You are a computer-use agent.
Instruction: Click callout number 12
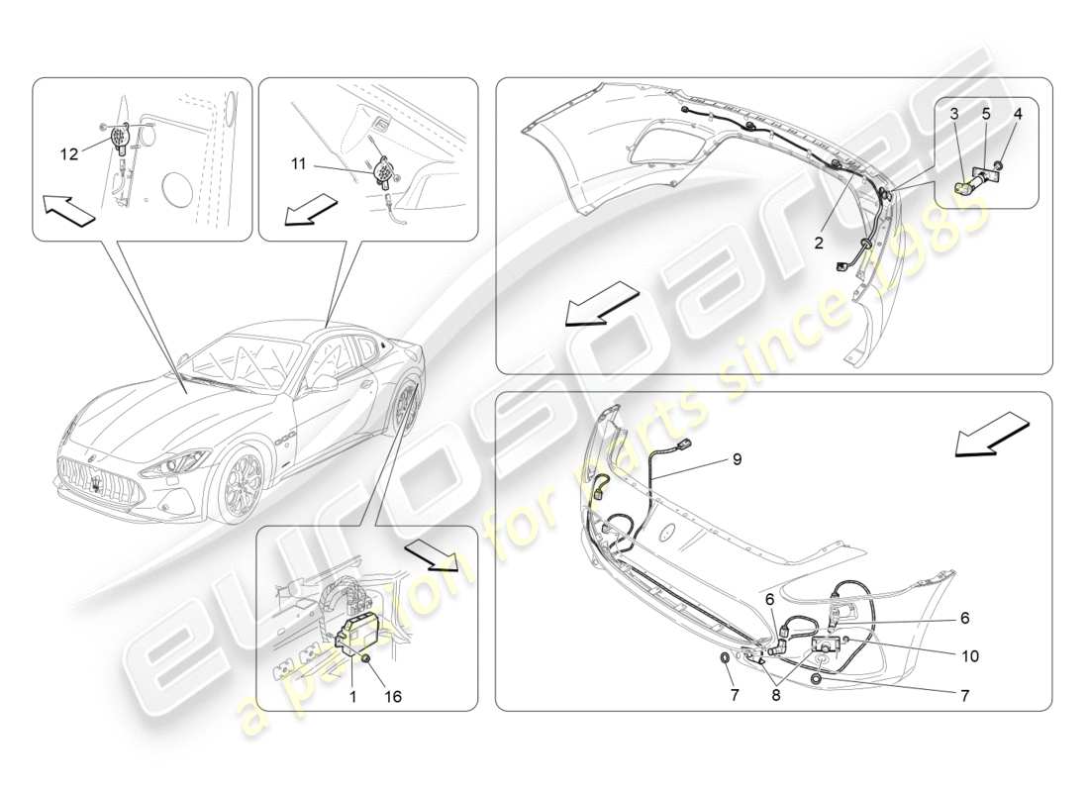tap(68, 154)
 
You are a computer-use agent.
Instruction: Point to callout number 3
tap(954, 113)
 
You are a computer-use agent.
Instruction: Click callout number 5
tap(986, 113)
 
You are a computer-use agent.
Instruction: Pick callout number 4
tap(1018, 113)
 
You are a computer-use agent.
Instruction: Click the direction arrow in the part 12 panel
tap(69, 210)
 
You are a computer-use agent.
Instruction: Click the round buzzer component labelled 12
tap(123, 137)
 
